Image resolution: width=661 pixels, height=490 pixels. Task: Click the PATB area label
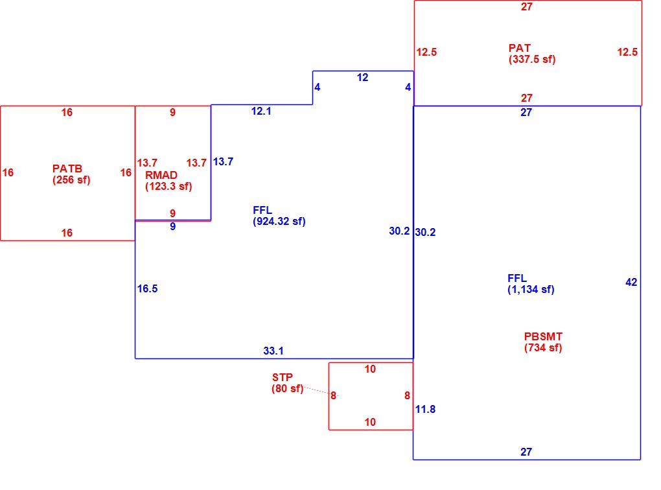click(x=67, y=169)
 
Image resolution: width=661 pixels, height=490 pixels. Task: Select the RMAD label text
click(x=161, y=175)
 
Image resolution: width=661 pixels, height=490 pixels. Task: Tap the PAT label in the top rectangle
click(x=519, y=48)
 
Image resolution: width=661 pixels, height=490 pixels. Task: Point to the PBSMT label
click(x=543, y=336)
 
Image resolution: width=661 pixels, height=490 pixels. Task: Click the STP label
click(x=282, y=377)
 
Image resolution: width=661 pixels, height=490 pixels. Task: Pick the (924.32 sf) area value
click(x=279, y=222)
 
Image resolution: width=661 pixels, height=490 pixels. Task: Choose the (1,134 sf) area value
click(x=531, y=289)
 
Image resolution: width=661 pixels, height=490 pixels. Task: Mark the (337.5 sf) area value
click(x=532, y=59)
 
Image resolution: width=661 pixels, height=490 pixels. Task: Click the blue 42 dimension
click(x=631, y=282)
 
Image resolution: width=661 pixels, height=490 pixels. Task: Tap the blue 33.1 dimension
click(x=273, y=351)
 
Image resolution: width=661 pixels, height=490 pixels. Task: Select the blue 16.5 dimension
click(x=147, y=288)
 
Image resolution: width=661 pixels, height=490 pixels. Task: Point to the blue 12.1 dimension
click(x=261, y=111)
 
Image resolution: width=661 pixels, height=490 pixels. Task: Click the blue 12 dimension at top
click(x=362, y=77)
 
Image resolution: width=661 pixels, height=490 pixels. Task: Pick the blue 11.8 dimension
click(x=425, y=409)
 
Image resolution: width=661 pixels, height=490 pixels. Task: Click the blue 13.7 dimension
click(x=222, y=161)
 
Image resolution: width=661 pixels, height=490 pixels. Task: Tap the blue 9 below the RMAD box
click(x=172, y=226)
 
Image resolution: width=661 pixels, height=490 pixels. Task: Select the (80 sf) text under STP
click(x=288, y=388)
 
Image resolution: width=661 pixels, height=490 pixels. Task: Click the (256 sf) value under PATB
click(x=71, y=180)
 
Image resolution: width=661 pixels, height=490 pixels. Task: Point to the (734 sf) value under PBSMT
click(x=543, y=347)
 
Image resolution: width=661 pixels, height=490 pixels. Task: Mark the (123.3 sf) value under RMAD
click(x=168, y=186)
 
